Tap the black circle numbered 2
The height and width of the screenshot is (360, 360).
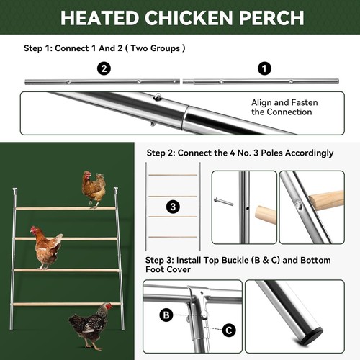click(104, 68)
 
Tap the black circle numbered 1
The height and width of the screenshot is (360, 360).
click(264, 68)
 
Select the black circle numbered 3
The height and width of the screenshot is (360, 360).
click(173, 207)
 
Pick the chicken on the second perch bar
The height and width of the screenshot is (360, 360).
click(48, 247)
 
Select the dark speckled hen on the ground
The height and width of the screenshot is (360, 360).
click(91, 325)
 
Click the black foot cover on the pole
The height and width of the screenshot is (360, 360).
click(313, 335)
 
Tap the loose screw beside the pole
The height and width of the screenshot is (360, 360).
click(223, 202)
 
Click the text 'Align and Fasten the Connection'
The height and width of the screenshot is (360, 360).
click(284, 107)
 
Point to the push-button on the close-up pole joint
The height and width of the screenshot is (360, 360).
click(157, 97)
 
